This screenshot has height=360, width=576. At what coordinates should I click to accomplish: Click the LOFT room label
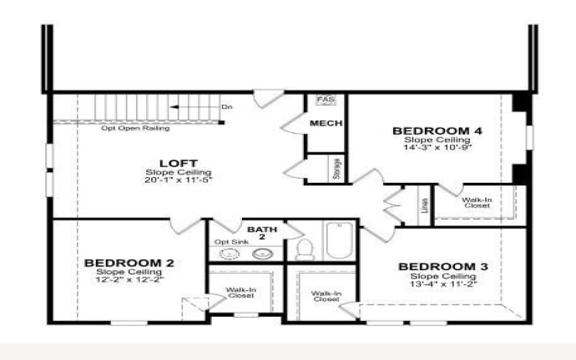coord(178,163)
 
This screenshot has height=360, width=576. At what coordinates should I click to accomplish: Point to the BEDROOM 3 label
coord(444,267)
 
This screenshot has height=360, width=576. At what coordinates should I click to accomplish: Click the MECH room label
coord(325,124)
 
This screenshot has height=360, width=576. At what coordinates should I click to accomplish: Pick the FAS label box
coord(325,99)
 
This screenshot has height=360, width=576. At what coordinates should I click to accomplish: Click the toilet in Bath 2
coord(305,249)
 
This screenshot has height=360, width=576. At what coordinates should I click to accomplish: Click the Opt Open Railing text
coord(135,128)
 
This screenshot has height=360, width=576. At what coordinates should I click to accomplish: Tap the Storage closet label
coord(336,169)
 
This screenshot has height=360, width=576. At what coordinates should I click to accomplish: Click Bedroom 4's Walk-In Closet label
coord(477,203)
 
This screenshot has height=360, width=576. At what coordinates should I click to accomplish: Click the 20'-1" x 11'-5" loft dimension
coord(179,180)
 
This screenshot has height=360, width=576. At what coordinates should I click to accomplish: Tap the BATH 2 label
coord(257,232)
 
